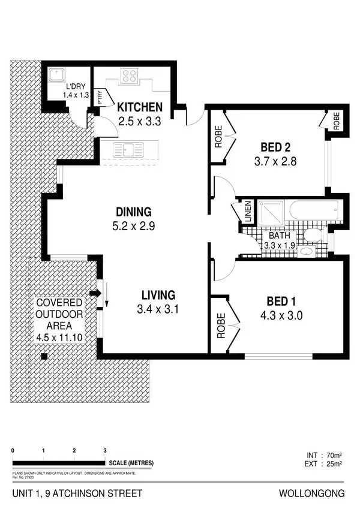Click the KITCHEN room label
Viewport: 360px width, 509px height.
click(x=140, y=108)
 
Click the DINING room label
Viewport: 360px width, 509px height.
click(x=134, y=212)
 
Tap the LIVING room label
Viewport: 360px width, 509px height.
click(x=158, y=295)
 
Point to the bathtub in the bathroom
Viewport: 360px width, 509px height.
click(x=313, y=211)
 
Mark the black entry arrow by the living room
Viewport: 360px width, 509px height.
click(x=94, y=294)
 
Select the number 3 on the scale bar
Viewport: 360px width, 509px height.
click(x=105, y=450)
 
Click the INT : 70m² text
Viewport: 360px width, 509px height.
click(x=324, y=454)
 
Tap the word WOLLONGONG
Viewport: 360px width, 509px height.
click(x=313, y=494)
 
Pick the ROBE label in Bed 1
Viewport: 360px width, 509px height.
click(x=220, y=326)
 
